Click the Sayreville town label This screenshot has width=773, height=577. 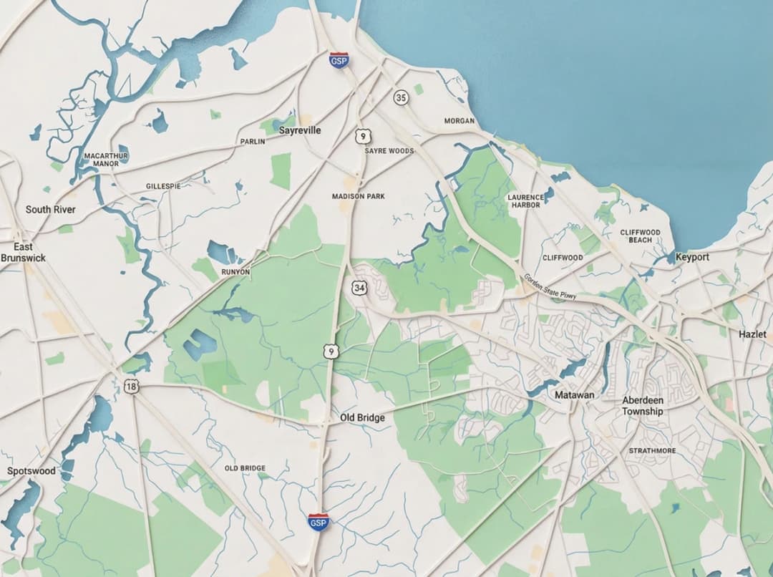(x=300, y=130)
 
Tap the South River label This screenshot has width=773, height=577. (x=50, y=210)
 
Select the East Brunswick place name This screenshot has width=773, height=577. (x=23, y=252)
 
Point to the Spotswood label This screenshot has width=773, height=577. (x=31, y=471)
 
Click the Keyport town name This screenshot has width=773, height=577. (x=692, y=257)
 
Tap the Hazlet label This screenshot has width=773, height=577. (x=752, y=334)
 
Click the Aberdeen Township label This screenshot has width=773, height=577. (x=642, y=406)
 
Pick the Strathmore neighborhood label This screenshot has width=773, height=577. (x=652, y=450)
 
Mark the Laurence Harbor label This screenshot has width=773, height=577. (x=525, y=200)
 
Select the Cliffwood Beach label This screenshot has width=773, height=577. (x=640, y=236)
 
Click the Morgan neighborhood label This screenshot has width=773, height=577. (x=460, y=121)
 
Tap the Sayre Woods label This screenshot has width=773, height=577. (x=389, y=151)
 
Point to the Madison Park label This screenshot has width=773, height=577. (x=359, y=196)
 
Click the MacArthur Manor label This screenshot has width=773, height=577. (x=106, y=159)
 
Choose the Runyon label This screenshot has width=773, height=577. (x=235, y=272)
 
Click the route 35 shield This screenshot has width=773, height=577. (x=401, y=97)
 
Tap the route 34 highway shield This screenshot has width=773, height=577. (x=359, y=287)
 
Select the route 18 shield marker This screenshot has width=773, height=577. (x=132, y=387)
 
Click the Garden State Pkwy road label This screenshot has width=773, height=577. (x=550, y=286)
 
